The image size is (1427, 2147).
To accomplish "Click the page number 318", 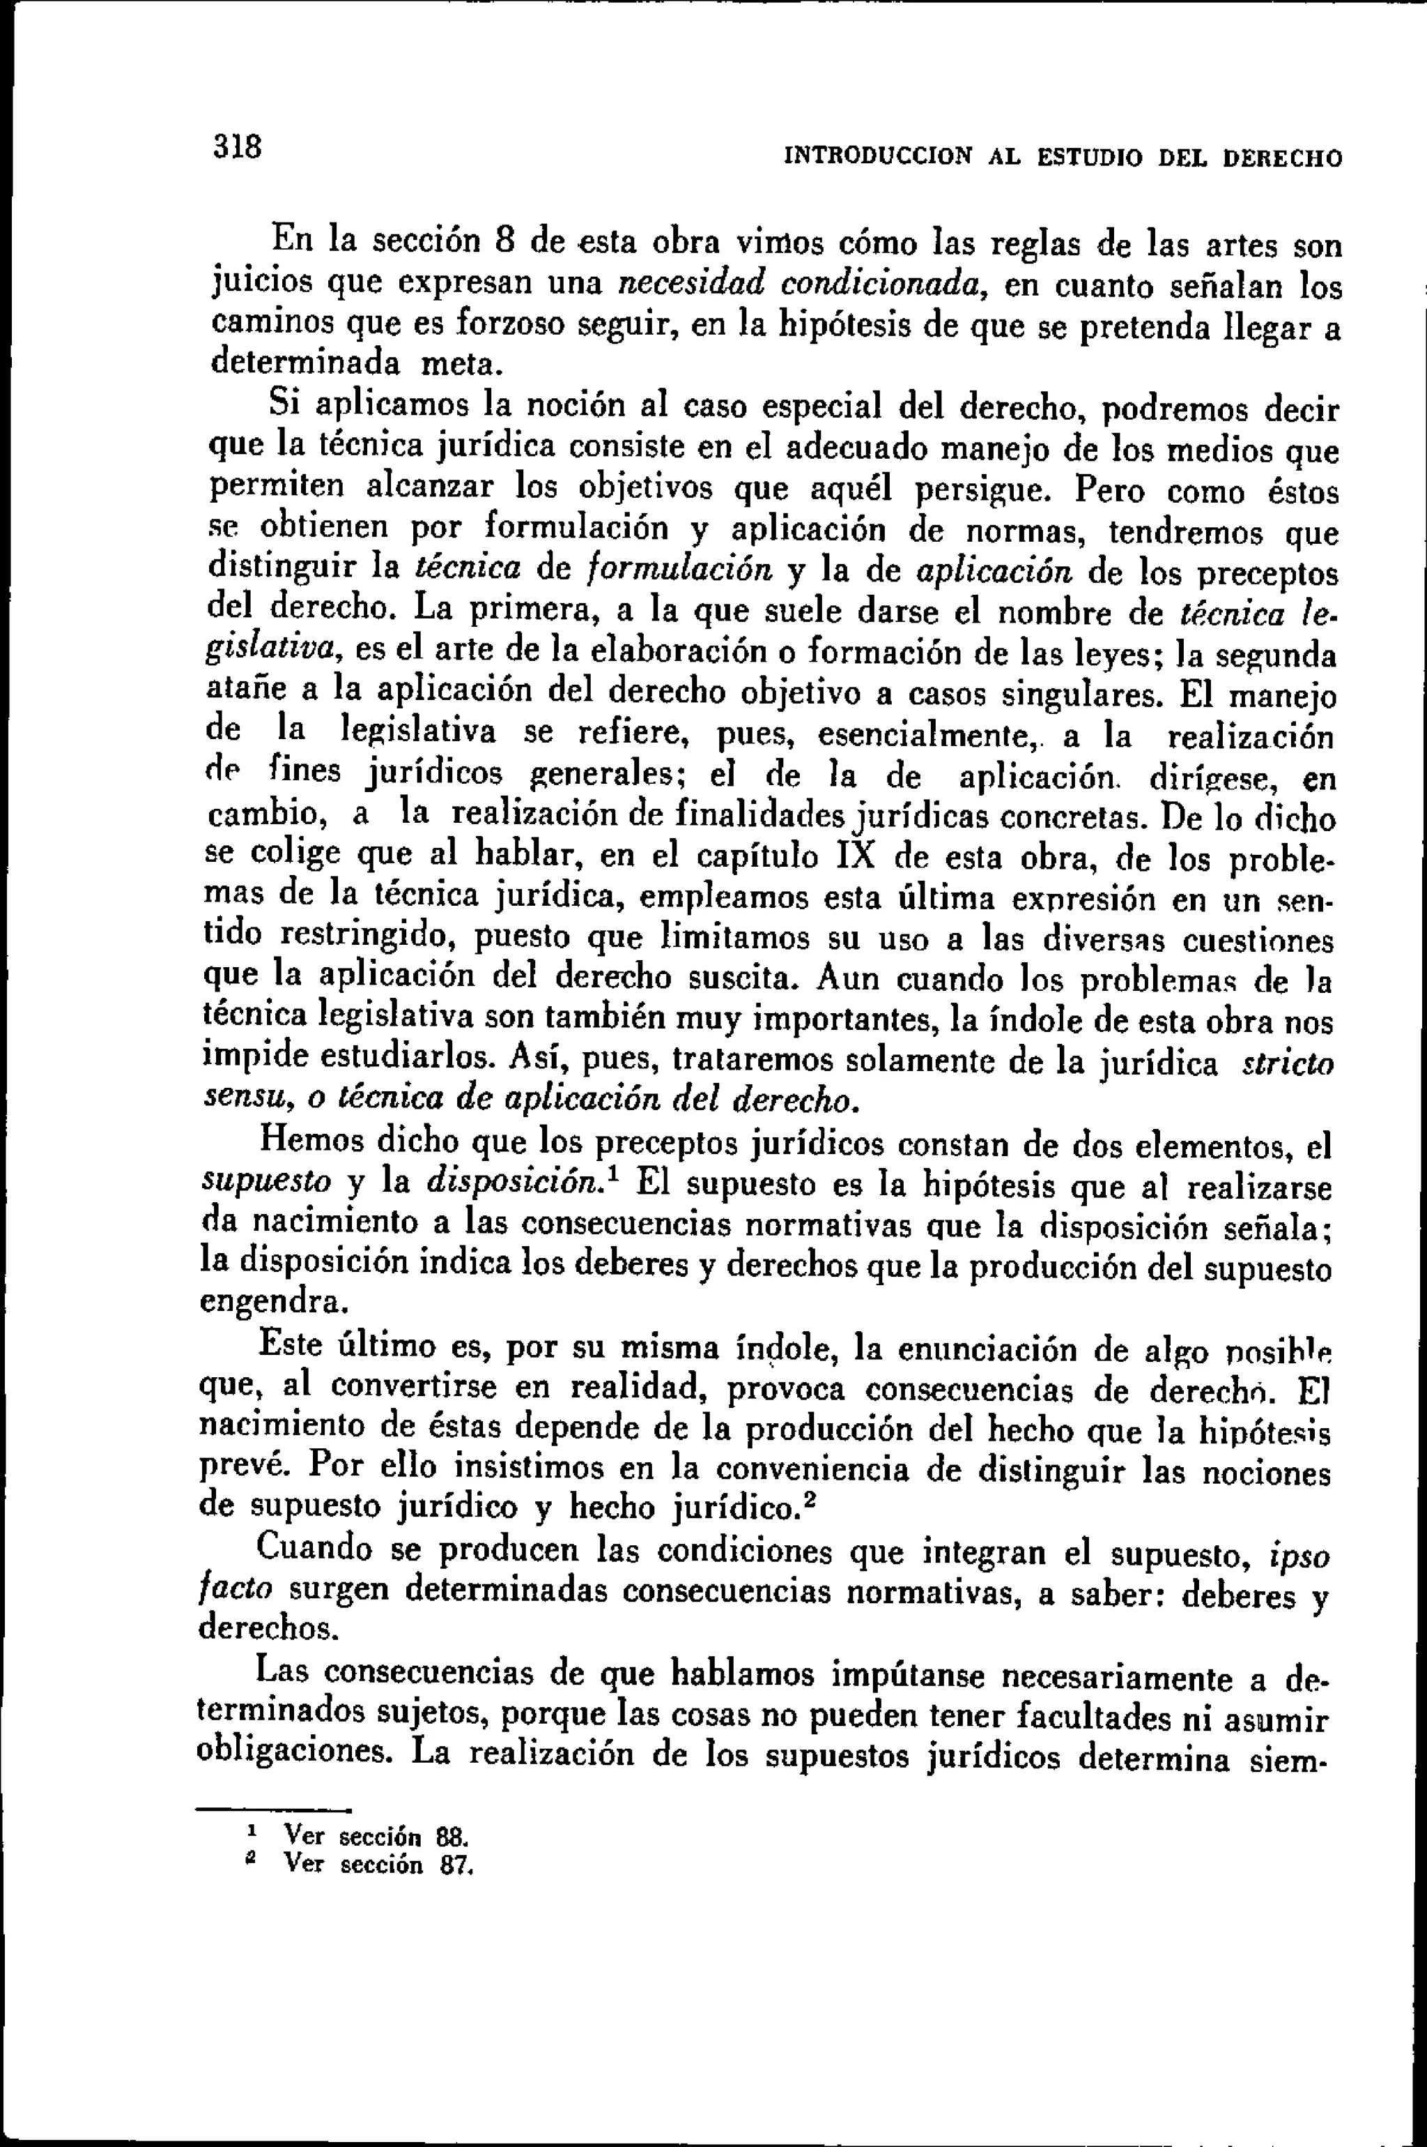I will pos(238,146).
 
